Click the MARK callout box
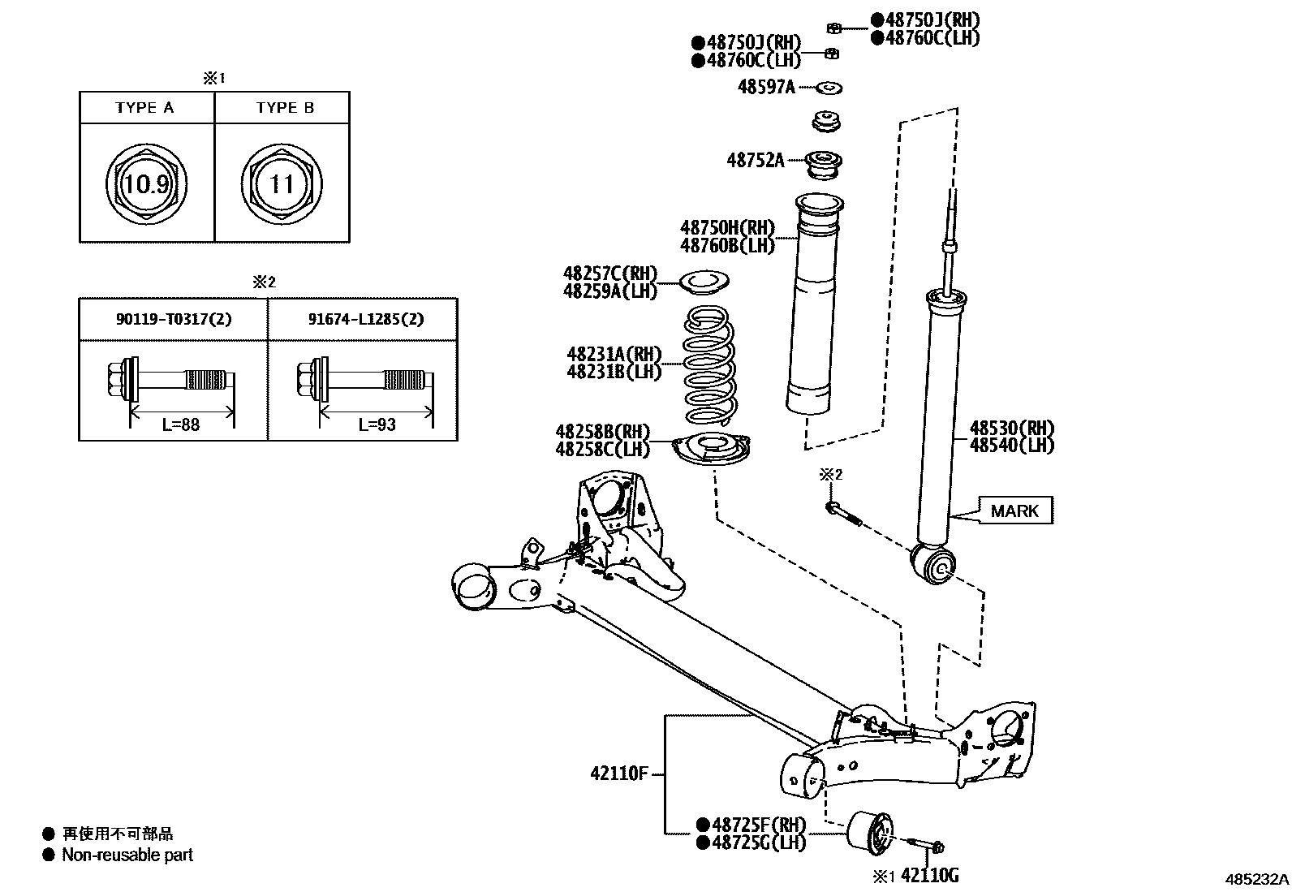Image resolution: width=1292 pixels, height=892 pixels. pyautogui.click(x=1014, y=511)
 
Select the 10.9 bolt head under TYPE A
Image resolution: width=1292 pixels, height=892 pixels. pyautogui.click(x=147, y=184)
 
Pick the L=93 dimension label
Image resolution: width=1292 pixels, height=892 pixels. pyautogui.click(x=377, y=424)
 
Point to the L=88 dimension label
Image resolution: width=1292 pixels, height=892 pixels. pyautogui.click(x=180, y=424)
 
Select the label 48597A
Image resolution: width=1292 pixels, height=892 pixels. pyautogui.click(x=765, y=87)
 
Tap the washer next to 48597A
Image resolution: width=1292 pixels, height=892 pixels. pyautogui.click(x=827, y=87)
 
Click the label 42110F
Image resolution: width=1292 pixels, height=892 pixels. pyautogui.click(x=618, y=773)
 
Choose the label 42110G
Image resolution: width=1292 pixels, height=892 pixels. pyautogui.click(x=930, y=875)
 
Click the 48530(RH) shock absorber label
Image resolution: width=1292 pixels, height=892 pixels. pyautogui.click(x=1011, y=428)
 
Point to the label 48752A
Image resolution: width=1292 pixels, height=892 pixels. pyautogui.click(x=755, y=160)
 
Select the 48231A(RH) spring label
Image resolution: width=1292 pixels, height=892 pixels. pyautogui.click(x=614, y=354)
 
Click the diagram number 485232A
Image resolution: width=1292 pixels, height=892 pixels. pyautogui.click(x=1256, y=878)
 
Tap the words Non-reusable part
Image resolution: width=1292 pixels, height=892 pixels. pyautogui.click(x=127, y=855)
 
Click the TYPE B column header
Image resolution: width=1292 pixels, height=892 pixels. pyautogui.click(x=284, y=108)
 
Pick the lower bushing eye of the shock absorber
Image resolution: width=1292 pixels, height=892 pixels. pyautogui.click(x=935, y=565)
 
